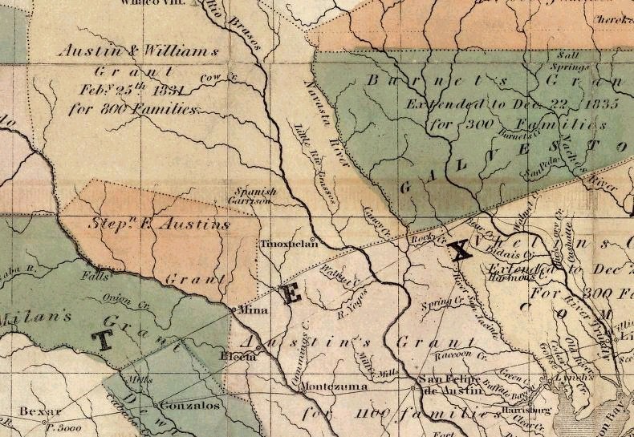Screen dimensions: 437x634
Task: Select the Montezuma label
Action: point(332,386)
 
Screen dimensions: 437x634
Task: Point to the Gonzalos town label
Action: point(193,406)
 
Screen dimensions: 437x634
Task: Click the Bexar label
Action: point(35,411)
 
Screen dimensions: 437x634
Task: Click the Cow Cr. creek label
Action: point(210,78)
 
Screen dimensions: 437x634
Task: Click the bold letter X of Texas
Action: point(459,252)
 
